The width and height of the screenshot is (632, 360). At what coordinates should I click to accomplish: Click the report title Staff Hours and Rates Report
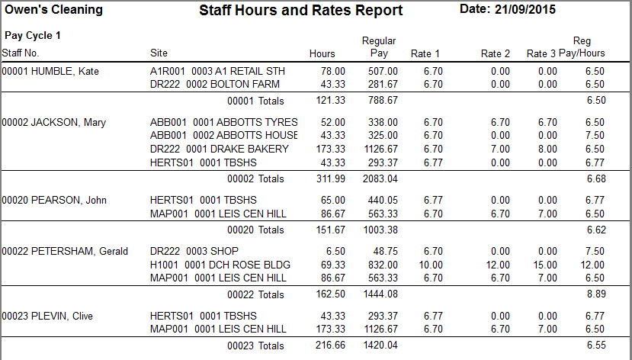[300, 11]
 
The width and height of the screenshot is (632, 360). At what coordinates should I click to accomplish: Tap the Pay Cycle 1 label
[33, 36]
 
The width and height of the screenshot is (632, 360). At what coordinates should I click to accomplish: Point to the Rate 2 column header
[496, 53]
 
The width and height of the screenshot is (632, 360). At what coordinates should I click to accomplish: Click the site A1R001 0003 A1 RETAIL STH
[217, 71]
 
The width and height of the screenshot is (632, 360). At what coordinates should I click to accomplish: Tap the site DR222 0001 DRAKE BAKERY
[220, 149]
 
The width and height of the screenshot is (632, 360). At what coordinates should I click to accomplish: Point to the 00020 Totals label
[255, 230]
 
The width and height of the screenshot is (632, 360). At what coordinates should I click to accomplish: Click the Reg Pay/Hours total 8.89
[595, 294]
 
